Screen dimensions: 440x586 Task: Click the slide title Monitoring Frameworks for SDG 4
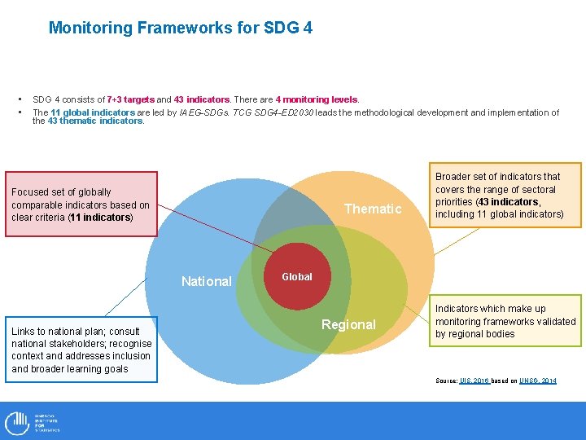[180, 28]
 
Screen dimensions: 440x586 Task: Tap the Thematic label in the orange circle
[373, 209]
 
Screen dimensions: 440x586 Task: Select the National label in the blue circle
[206, 281]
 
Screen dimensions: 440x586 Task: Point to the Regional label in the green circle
[348, 324]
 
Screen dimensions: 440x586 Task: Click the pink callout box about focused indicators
[81, 204]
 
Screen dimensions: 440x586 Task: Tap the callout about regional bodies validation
[505, 321]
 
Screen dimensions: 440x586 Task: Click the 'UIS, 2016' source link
[475, 381]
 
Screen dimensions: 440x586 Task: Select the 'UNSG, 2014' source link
[538, 381]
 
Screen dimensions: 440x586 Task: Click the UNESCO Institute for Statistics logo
[33, 422]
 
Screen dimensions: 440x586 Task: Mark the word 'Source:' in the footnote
[446, 381]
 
